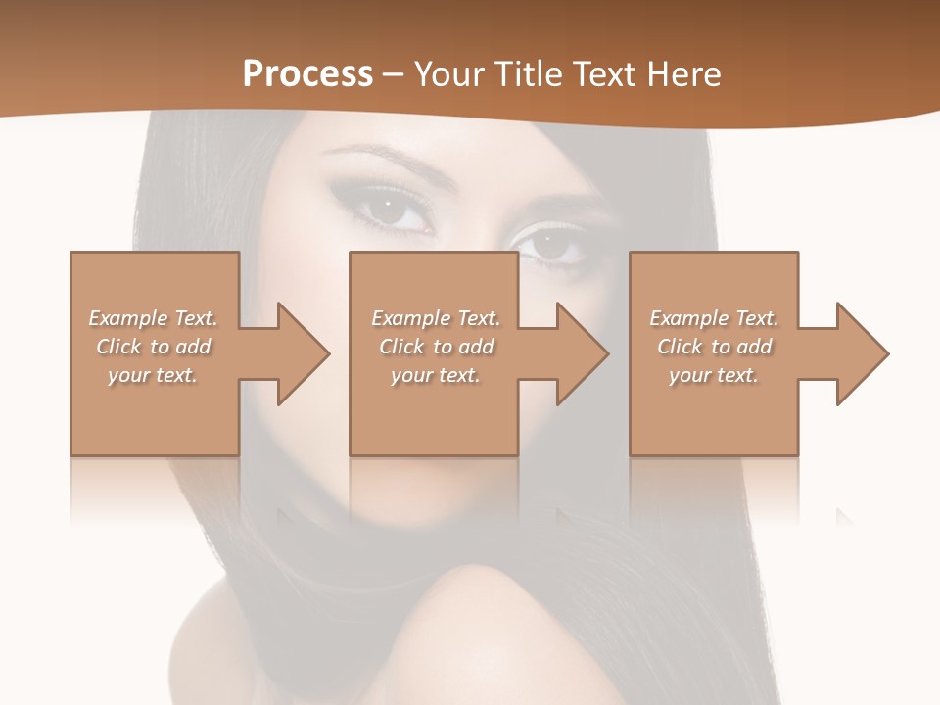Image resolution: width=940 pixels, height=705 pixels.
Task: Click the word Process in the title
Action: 307,73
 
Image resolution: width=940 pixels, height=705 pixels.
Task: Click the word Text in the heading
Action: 601,73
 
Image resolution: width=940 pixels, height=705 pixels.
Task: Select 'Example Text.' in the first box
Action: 153,318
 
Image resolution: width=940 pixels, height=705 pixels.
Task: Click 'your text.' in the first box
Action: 153,375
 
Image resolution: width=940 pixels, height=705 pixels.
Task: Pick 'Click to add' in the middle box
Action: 436,347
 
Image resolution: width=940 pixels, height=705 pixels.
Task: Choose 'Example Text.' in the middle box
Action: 436,318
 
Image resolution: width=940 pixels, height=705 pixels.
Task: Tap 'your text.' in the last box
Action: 714,375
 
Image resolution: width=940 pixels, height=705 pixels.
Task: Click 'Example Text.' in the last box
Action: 714,318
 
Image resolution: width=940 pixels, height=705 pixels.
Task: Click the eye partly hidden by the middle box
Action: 553,244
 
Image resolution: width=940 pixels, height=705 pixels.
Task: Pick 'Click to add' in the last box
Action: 714,347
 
